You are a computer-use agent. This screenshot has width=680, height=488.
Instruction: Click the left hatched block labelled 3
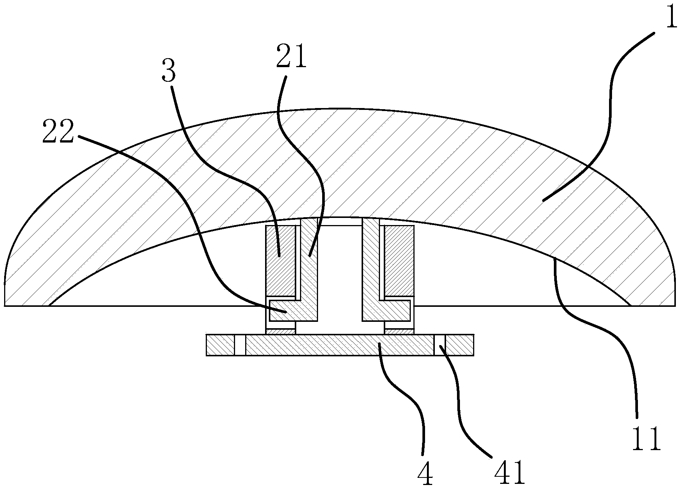tap(280, 260)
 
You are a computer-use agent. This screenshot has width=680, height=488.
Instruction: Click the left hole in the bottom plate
tap(240, 345)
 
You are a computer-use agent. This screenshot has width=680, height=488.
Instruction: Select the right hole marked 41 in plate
tap(440, 345)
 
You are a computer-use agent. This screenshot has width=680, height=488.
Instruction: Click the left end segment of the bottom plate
tap(220, 345)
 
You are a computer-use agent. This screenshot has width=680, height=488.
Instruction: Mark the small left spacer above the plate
tap(280, 331)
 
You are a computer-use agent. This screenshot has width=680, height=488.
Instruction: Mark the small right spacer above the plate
tap(399, 331)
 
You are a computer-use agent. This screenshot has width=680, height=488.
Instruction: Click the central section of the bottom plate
tap(340, 345)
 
